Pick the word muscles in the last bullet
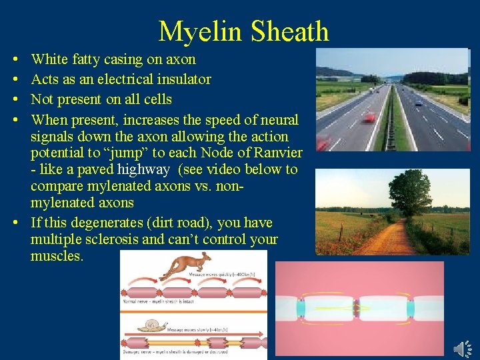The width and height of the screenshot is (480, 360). tap(57, 255)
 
